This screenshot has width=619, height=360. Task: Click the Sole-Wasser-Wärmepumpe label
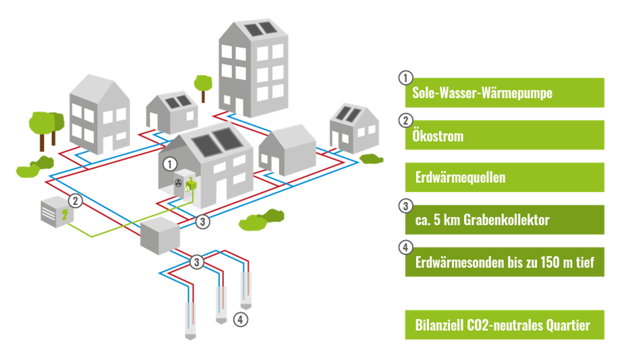(x=482, y=93)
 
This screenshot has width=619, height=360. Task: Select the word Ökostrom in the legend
(x=438, y=135)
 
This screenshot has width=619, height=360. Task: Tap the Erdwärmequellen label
(x=460, y=177)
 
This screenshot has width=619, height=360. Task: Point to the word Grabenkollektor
(x=506, y=220)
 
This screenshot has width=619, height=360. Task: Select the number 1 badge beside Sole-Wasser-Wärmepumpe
(x=405, y=78)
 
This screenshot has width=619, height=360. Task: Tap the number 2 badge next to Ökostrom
(x=405, y=120)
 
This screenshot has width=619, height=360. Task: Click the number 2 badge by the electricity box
(x=75, y=201)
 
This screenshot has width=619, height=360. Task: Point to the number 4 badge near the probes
(x=240, y=320)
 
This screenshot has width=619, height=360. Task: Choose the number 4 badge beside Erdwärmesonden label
(x=405, y=247)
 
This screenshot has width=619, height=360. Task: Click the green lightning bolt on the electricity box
(x=65, y=214)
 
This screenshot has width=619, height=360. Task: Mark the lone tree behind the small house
(x=202, y=85)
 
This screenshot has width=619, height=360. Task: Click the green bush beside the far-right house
(x=371, y=159)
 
